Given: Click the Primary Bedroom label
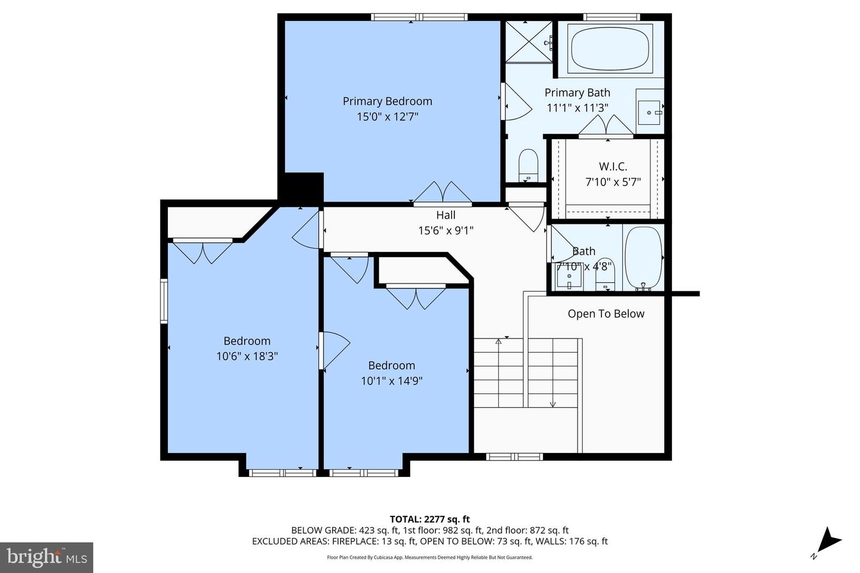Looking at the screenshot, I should [387, 101].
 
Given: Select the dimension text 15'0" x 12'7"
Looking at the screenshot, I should [387, 117].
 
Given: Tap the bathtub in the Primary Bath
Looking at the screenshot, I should [610, 48].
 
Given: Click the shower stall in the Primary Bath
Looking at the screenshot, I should [529, 41].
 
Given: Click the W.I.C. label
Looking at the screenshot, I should [613, 167].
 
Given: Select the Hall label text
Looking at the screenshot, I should [446, 215].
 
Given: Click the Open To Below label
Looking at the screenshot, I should [606, 314].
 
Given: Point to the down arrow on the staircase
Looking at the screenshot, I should [552, 403].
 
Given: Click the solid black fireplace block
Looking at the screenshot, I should [302, 188].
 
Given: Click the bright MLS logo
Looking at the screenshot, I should [47, 557].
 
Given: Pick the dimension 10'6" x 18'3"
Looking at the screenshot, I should [247, 357].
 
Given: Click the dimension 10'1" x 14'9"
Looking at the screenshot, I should [391, 381].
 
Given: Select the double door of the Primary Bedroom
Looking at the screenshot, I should [442, 193].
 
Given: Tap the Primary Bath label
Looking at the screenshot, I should [577, 93].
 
